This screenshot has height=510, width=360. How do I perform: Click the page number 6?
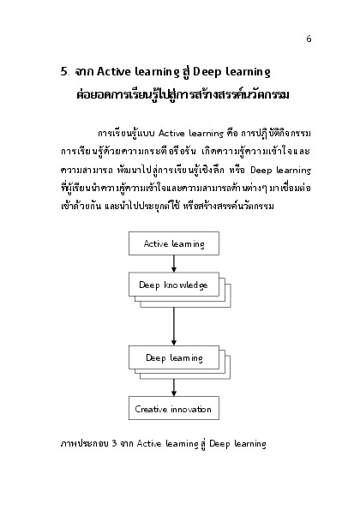[309, 39]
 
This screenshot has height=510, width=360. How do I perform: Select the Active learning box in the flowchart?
[174, 243]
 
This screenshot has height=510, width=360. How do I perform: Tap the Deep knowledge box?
[174, 285]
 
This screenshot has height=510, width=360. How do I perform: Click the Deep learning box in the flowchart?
[174, 357]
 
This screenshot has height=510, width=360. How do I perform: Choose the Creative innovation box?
[174, 408]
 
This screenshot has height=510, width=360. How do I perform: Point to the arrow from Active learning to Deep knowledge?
[174, 264]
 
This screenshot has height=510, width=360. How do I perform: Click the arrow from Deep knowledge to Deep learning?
[174, 327]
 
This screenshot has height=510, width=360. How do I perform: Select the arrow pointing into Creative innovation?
[174, 387]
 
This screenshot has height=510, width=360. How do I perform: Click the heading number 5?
[64, 71]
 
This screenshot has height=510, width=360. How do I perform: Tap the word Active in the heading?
[114, 71]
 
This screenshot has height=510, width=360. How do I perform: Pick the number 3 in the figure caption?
[114, 443]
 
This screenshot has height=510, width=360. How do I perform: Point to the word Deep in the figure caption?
[219, 444]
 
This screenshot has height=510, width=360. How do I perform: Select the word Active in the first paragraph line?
[171, 134]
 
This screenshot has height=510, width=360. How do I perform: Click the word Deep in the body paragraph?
[261, 171]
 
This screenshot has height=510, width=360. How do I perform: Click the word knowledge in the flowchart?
[186, 285]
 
